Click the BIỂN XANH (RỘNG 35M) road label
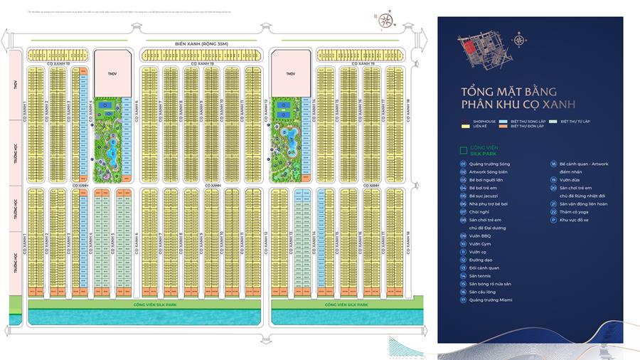[x=206, y=43]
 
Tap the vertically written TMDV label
[x=14, y=86]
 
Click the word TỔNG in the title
[x=460, y=92]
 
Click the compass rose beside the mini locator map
[x=520, y=41]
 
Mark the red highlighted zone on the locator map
[x=470, y=46]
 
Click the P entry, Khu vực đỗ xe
[x=574, y=221]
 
